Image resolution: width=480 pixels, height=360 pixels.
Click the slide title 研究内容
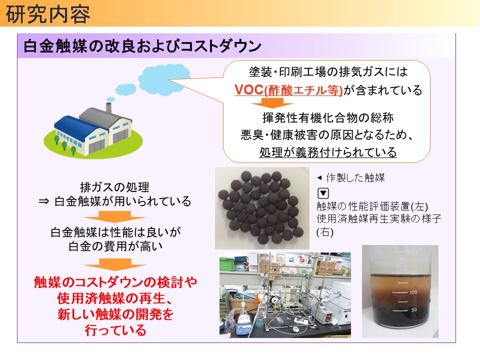[x=48, y=14]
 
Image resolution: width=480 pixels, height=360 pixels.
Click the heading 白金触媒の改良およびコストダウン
[x=142, y=46]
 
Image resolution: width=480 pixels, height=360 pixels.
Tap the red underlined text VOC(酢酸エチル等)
[x=288, y=90]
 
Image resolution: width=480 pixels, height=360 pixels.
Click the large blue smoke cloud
[x=164, y=79]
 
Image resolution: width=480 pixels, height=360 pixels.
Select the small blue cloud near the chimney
[x=125, y=89]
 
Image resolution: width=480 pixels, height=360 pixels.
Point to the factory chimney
[x=108, y=107]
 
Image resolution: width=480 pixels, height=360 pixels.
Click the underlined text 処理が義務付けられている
[x=328, y=152]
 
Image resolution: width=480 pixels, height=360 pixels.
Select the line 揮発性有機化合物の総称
[x=328, y=117]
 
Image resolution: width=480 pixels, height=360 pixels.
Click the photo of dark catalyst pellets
[x=262, y=208]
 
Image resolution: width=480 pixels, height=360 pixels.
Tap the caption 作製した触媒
[x=355, y=177]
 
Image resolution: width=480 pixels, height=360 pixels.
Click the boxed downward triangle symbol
[x=323, y=193]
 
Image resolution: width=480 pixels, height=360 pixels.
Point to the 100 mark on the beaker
[x=413, y=292]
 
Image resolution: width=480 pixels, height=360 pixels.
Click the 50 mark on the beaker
[x=414, y=310]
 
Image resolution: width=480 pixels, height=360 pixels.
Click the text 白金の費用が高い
[x=115, y=246]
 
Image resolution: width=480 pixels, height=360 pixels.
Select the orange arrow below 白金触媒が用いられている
[x=115, y=216]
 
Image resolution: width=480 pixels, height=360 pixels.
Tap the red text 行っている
[x=115, y=330]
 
